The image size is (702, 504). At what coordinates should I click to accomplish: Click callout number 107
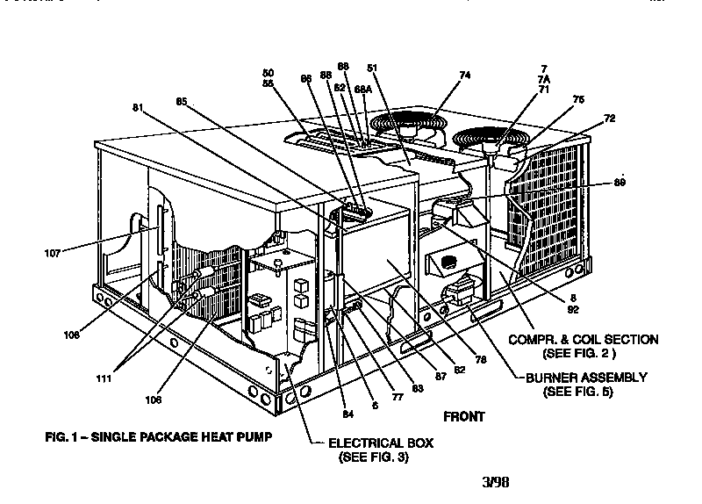point(54,253)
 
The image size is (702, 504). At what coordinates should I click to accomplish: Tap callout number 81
point(137,108)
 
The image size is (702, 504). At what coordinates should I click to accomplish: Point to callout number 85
point(182,101)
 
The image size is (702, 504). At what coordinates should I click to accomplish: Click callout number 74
point(465,76)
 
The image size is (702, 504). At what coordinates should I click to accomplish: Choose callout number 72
point(610,118)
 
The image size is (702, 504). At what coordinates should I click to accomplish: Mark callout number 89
point(620,182)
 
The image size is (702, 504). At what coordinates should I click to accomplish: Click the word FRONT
point(463,417)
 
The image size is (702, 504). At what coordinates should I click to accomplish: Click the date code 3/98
point(496,481)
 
